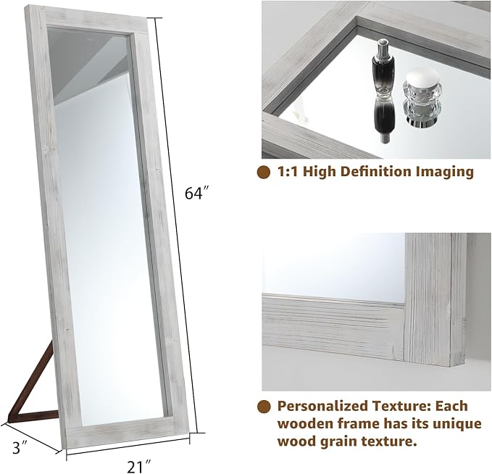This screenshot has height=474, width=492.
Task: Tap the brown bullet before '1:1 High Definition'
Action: (264, 172)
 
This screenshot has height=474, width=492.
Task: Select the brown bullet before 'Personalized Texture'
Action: (264, 406)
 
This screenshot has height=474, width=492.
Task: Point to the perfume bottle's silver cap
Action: (382, 49)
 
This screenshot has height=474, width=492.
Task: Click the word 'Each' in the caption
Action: (451, 406)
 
